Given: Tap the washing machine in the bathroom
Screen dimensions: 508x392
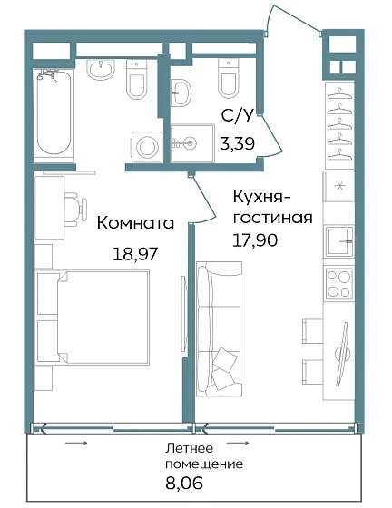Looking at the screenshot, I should coord(145,147).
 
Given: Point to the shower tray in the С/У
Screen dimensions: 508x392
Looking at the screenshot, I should coord(191,142).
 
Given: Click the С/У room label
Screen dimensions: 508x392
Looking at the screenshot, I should coord(238,116).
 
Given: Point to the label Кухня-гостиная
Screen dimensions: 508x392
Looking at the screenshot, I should coord(272,208).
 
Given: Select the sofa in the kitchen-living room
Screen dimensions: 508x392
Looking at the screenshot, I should coord(220,327).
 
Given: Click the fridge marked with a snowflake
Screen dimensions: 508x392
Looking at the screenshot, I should coord(339,187).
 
